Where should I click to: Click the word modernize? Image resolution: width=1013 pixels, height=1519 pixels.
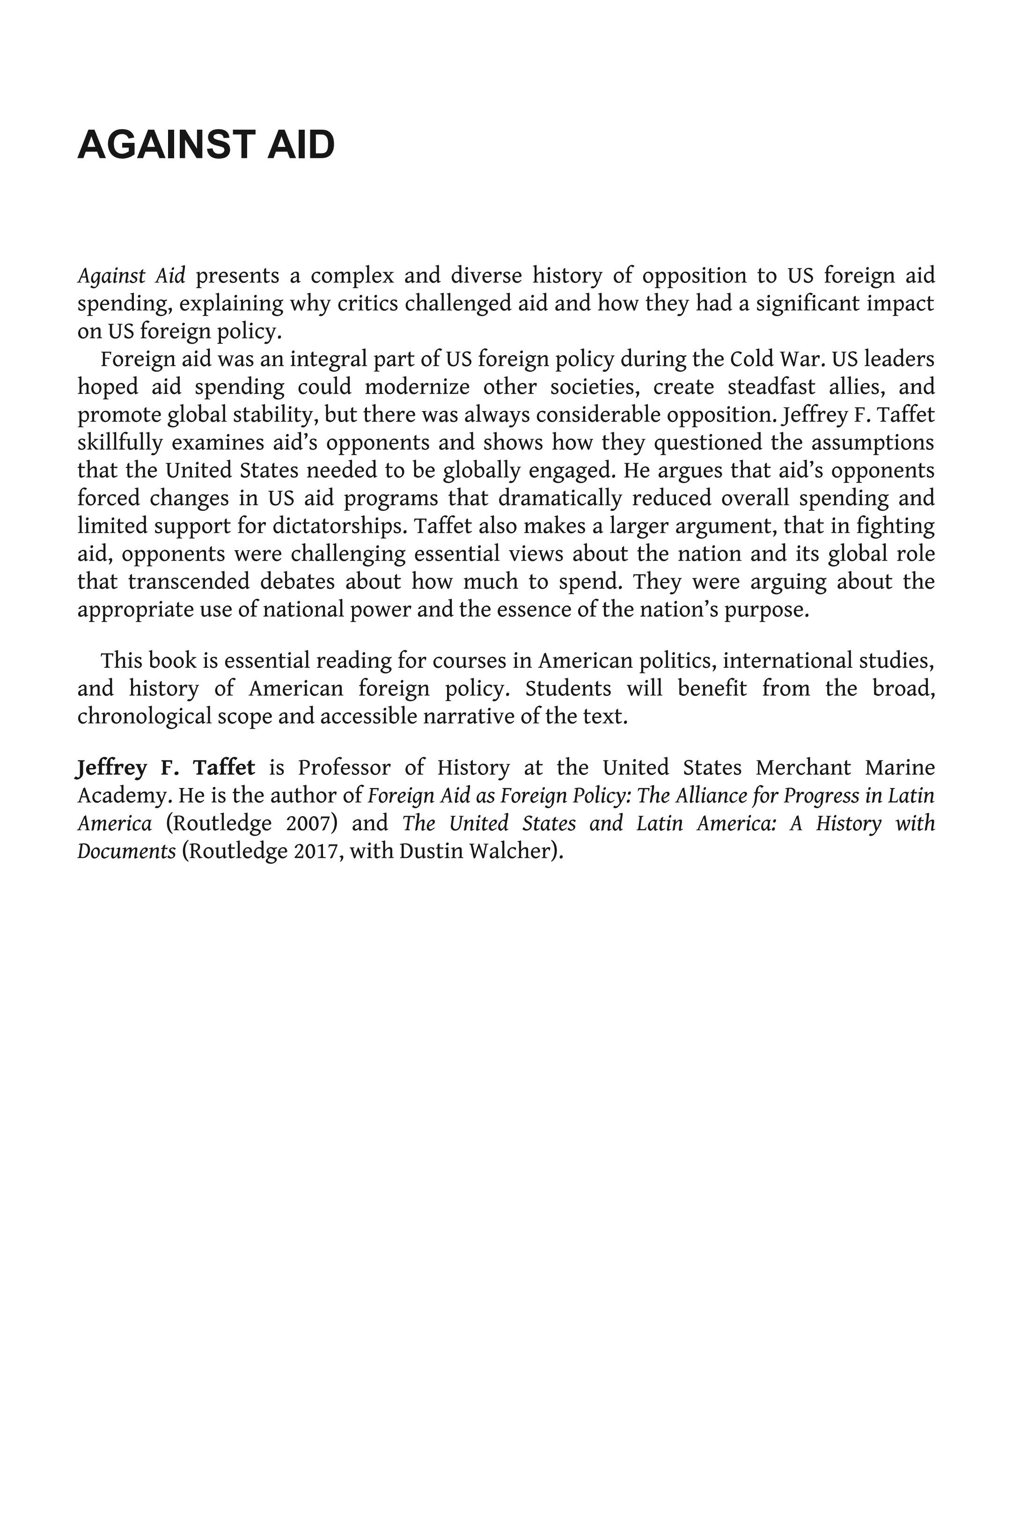point(417,387)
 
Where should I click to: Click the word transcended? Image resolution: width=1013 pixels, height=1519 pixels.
point(189,582)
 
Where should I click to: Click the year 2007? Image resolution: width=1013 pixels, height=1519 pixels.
point(312,824)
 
